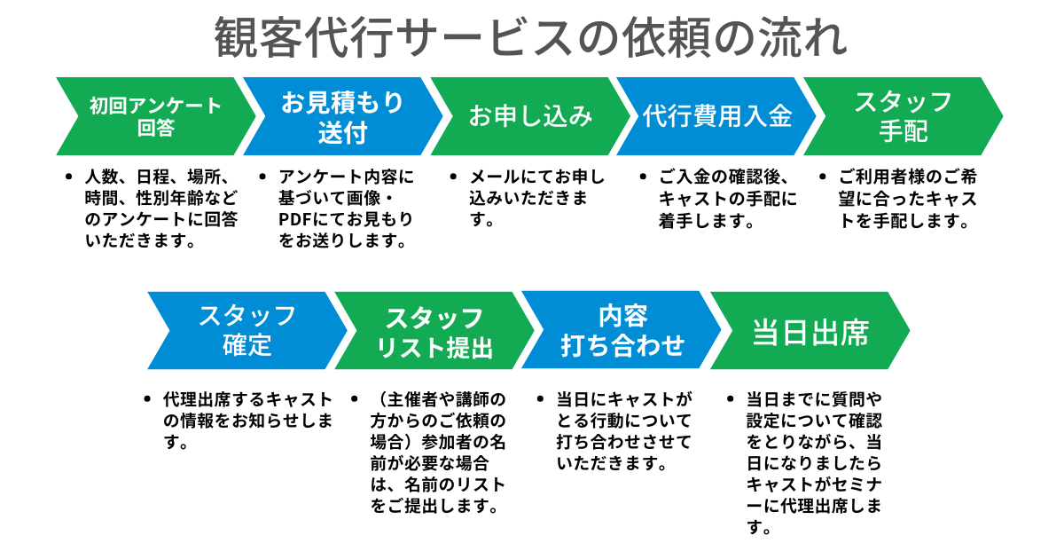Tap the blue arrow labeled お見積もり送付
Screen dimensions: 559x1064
click(x=342, y=116)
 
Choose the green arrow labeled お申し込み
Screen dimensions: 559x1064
click(x=529, y=116)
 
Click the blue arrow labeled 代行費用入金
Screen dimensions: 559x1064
click(x=716, y=116)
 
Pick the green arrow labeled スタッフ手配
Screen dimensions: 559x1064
click(x=903, y=116)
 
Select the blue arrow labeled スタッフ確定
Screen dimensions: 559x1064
click(x=246, y=330)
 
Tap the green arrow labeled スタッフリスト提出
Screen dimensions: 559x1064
click(x=434, y=330)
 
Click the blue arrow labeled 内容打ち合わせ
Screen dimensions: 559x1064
click(x=622, y=330)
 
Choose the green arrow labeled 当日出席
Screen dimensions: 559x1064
click(x=810, y=330)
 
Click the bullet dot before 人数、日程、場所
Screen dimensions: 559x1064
click(x=70, y=176)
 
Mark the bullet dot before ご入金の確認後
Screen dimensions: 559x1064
click(x=644, y=176)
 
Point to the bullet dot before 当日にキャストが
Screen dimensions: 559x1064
click(x=540, y=398)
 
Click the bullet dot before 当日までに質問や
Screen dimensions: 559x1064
click(x=730, y=398)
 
